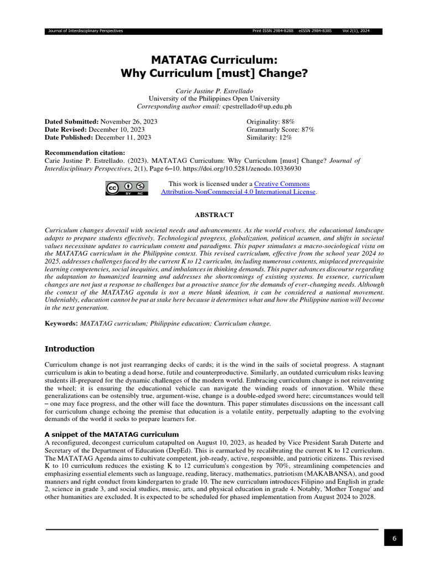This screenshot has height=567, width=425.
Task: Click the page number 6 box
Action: coord(393,538)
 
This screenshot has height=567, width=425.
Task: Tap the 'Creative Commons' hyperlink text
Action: coord(282,184)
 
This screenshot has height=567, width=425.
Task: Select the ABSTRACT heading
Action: coord(214,215)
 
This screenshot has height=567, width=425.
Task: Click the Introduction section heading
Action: coord(69,349)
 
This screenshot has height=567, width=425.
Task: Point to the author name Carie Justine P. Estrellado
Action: coord(214,90)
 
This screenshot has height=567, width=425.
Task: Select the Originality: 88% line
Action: coord(271,121)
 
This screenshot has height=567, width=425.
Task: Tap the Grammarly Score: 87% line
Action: coord(280,130)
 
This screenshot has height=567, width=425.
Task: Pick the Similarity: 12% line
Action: coord(269,137)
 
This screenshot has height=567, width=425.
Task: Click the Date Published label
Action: coord(69,137)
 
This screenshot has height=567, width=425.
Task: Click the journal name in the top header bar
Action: coord(86,30)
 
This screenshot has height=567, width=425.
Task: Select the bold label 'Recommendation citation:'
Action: coord(85,153)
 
